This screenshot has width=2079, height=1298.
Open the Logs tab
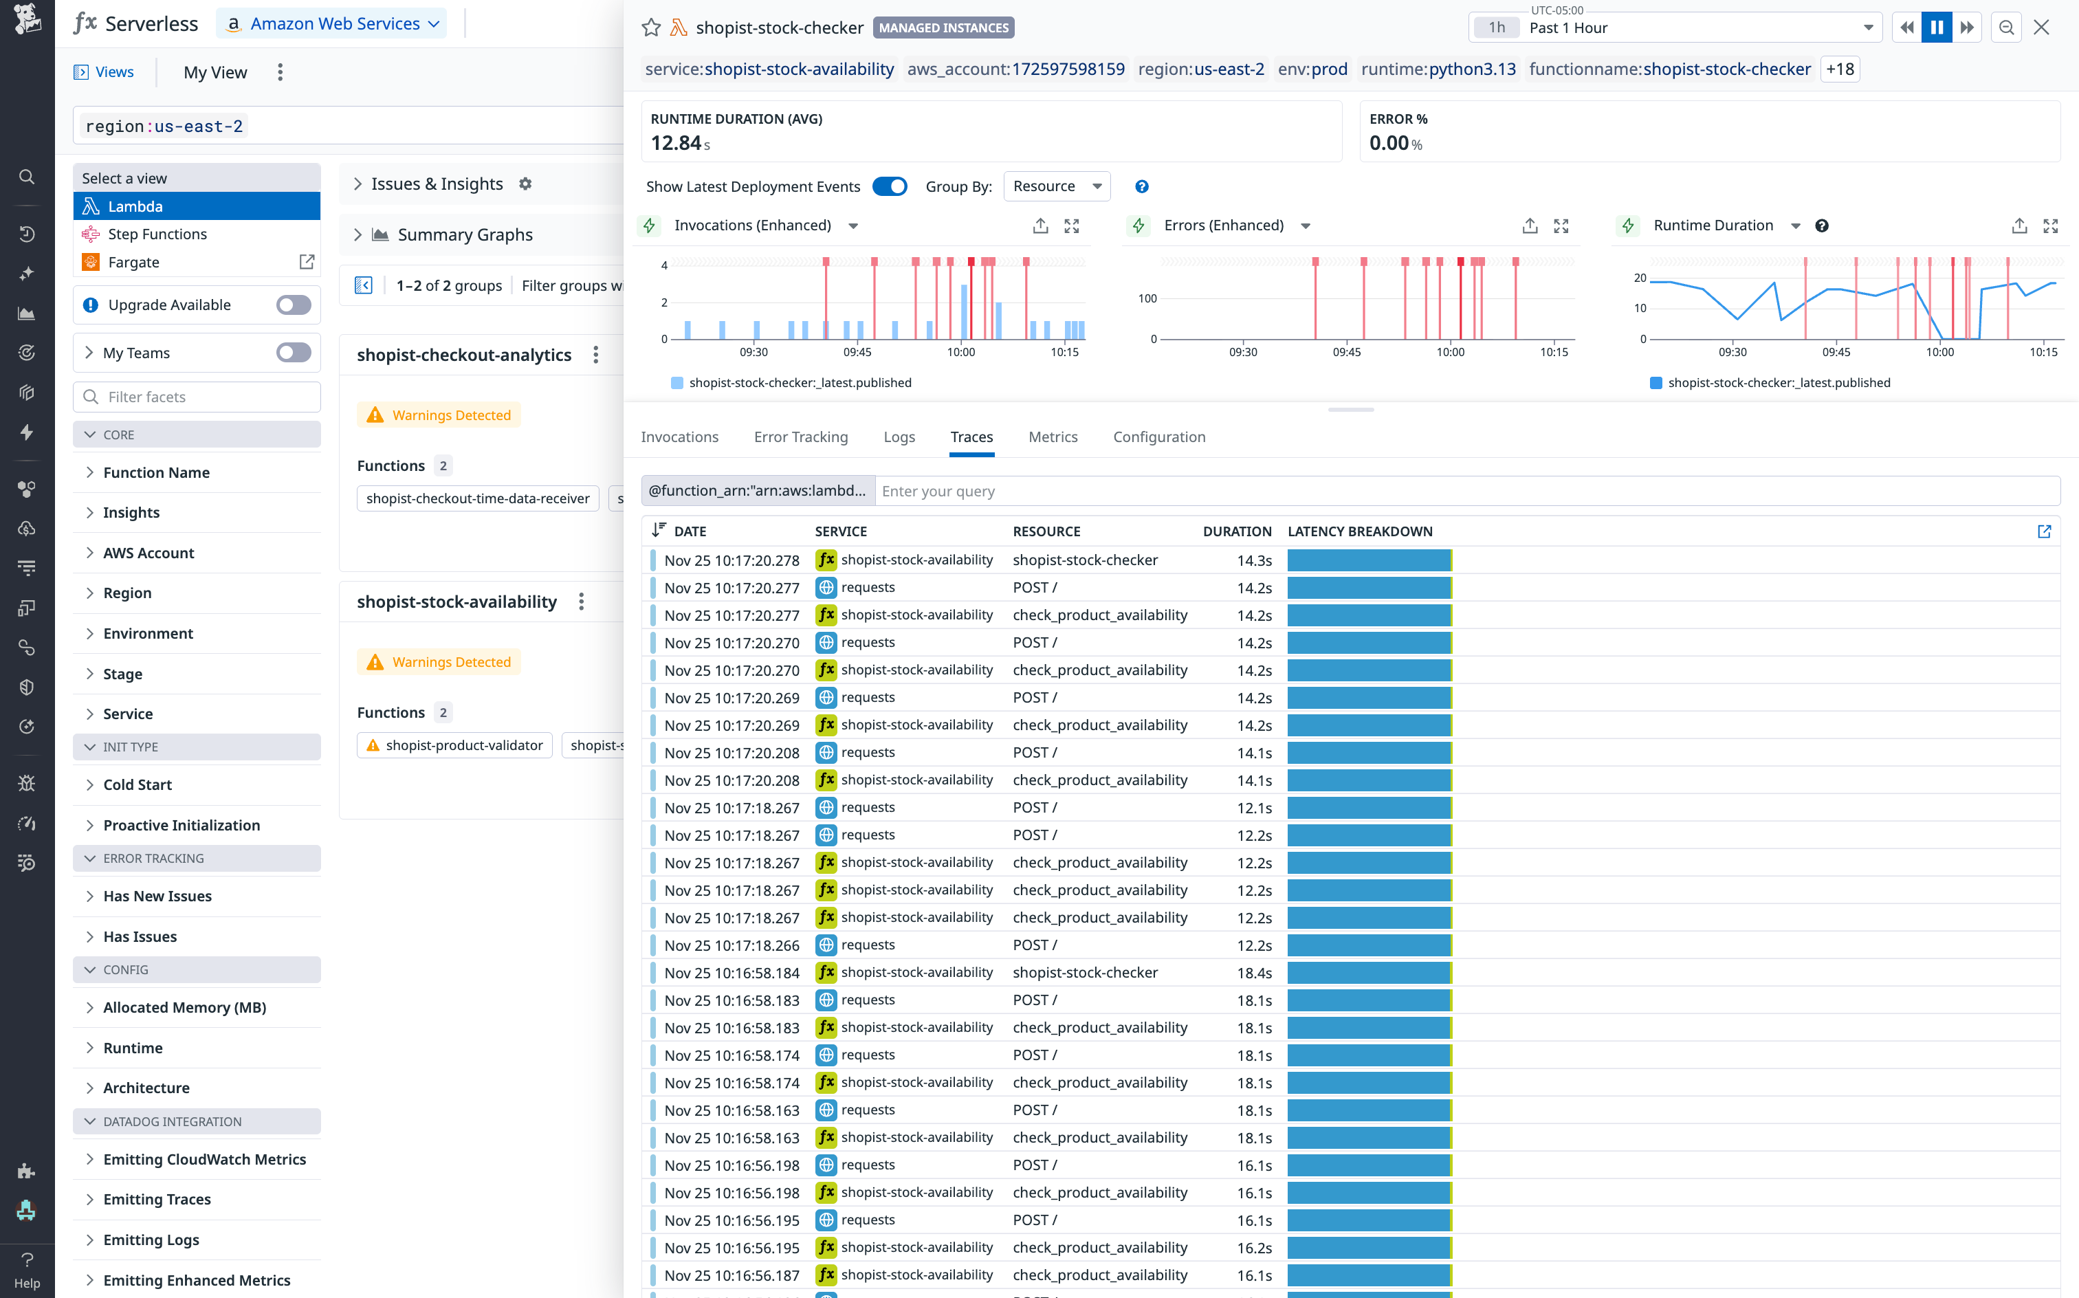pos(899,437)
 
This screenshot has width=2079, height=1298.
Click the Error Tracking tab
pos(800,437)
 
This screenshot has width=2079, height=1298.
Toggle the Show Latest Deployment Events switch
pos(890,186)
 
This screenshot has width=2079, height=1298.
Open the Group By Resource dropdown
pos(1056,186)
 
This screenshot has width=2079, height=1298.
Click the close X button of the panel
pos(2041,27)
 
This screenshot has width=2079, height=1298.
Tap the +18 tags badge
pos(1840,69)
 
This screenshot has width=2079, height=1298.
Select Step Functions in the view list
pos(157,234)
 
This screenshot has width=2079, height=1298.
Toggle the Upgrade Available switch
pos(294,305)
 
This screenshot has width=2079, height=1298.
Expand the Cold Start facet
pos(137,784)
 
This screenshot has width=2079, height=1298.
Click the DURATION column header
pos(1236,531)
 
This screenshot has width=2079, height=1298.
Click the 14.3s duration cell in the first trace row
pos(1254,560)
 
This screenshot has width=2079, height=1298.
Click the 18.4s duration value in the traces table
pos(1254,973)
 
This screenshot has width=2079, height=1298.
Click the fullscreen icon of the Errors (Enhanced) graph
pos(1561,225)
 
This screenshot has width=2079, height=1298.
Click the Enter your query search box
pos(1460,491)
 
